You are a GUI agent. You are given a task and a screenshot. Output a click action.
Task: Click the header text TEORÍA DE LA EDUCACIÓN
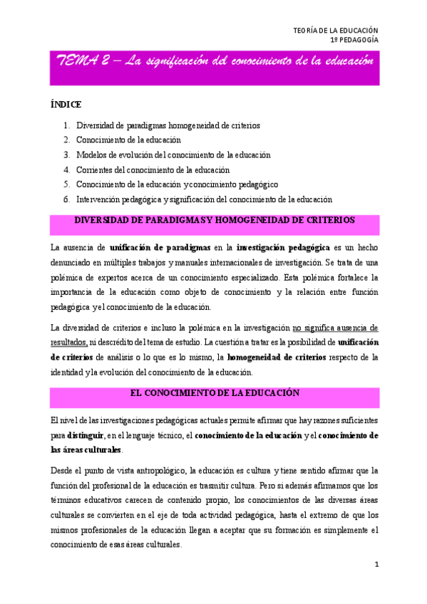click(x=336, y=30)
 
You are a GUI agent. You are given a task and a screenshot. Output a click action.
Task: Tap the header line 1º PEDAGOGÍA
click(x=354, y=41)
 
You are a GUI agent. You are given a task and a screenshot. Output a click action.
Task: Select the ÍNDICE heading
click(x=66, y=104)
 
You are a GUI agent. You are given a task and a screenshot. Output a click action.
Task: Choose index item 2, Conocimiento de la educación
click(x=128, y=140)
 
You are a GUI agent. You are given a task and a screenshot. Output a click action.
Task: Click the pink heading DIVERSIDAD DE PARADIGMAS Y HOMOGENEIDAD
click(x=214, y=221)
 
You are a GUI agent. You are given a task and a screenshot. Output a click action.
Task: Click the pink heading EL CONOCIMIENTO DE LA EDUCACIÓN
click(x=214, y=392)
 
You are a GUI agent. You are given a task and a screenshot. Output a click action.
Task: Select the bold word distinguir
click(x=87, y=434)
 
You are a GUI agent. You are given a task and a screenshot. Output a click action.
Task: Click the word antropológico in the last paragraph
click(x=155, y=471)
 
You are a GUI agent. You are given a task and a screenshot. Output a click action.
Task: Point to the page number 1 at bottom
click(x=377, y=565)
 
